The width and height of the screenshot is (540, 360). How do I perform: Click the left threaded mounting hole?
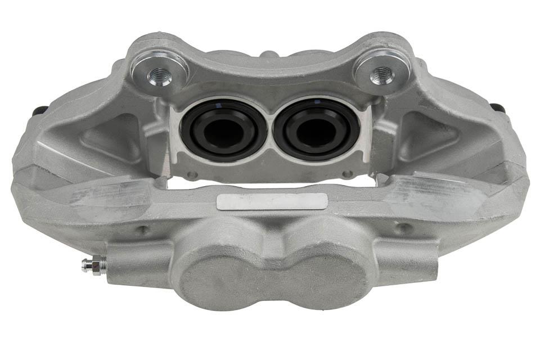point(160,75)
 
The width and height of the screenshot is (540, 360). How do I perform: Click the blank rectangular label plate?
point(272,201)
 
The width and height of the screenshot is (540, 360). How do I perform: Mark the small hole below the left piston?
point(193,175)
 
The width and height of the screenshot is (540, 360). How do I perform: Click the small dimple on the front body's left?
point(143,229)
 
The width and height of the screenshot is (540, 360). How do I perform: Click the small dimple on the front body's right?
point(402,228)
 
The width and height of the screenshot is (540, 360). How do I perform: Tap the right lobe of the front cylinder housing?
point(326,276)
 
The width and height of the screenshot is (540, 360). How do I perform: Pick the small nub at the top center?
point(269,54)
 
